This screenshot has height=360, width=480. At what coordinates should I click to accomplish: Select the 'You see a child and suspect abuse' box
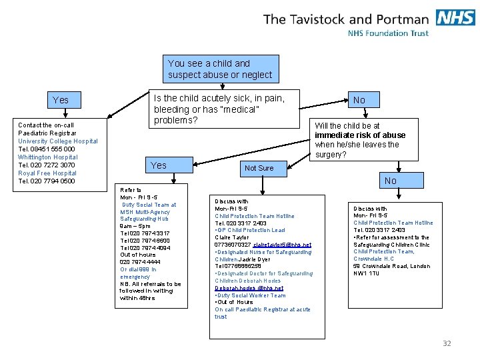[x=220, y=69]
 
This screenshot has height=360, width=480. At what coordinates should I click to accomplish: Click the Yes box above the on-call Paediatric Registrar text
[x=61, y=100]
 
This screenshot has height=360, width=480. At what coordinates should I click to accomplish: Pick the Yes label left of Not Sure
[x=159, y=165]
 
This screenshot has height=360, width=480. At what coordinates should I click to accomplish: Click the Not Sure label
[x=259, y=168]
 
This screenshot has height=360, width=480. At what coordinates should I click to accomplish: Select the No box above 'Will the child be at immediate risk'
[x=359, y=100]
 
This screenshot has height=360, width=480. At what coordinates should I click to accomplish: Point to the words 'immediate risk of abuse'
[x=360, y=135]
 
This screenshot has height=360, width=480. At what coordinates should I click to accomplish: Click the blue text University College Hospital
[x=58, y=141]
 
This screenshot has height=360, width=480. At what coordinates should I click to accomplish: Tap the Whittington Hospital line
[x=48, y=157]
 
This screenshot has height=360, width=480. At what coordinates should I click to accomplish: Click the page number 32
[x=447, y=343]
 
